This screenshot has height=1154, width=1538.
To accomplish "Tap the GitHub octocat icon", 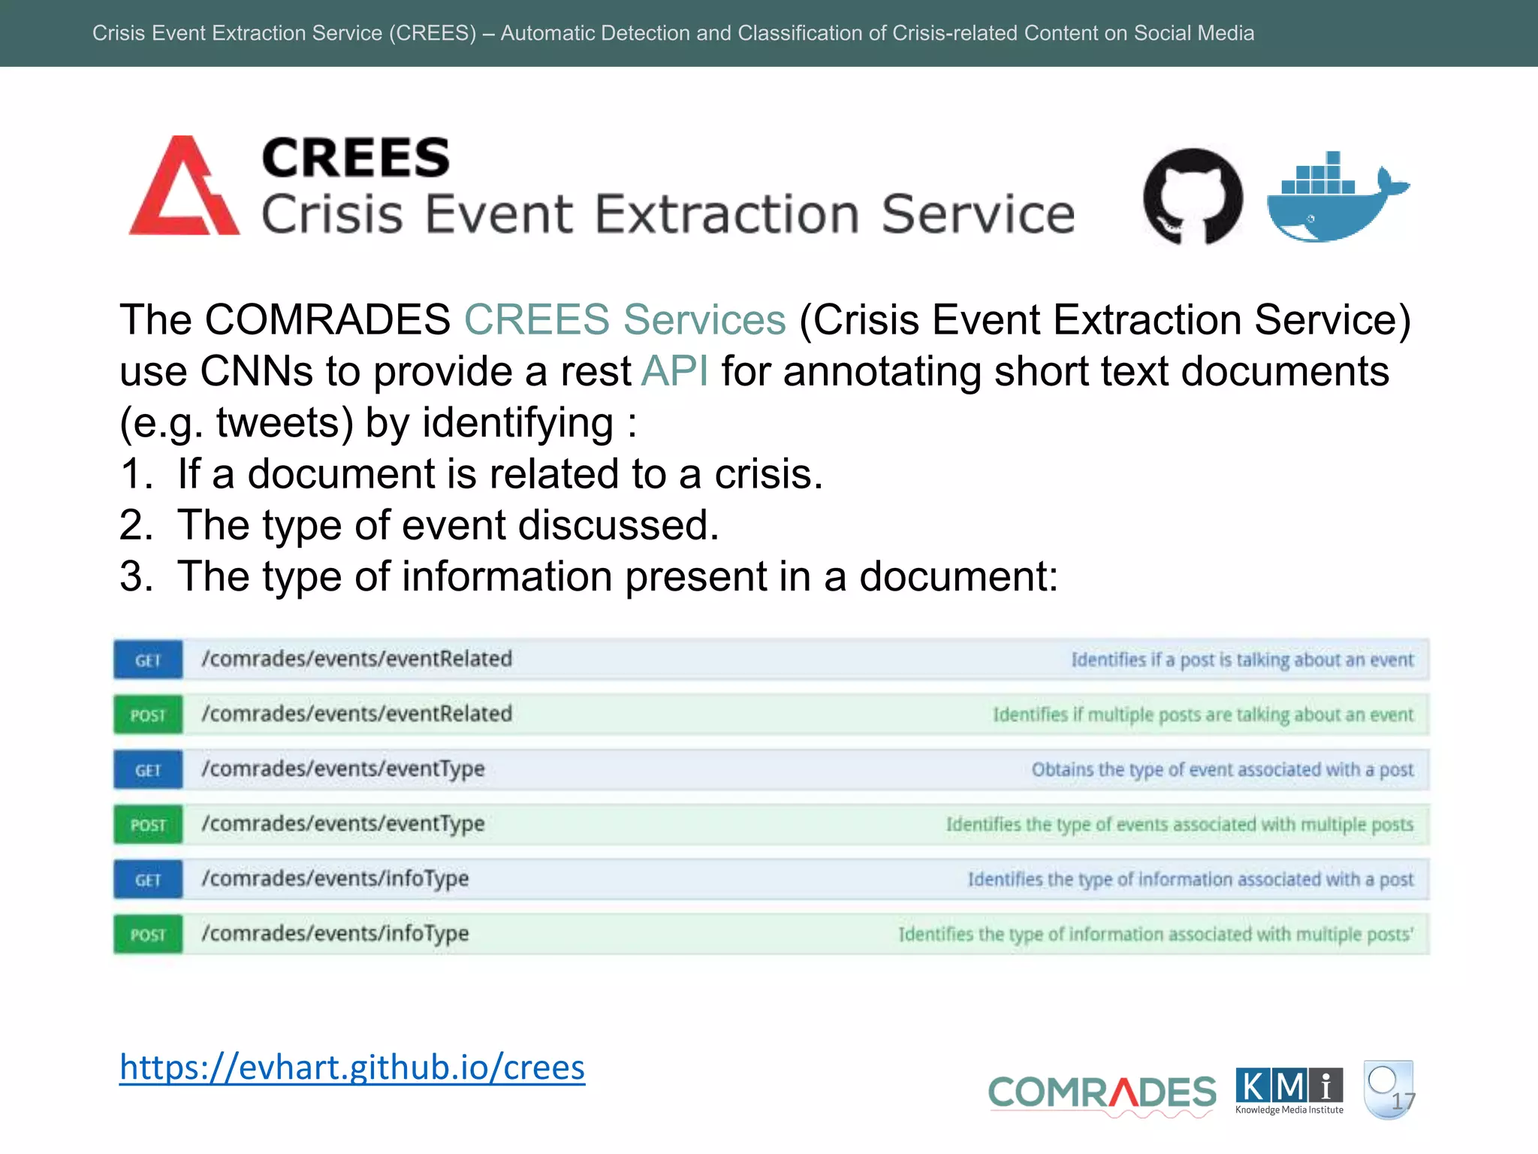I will [x=1192, y=196].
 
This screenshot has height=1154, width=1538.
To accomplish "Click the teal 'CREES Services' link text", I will [x=625, y=320].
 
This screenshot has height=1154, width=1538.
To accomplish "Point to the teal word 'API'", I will [x=674, y=371].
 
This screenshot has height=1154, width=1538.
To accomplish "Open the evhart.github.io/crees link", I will [x=351, y=1067].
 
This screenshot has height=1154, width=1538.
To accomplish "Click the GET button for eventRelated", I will [x=148, y=660].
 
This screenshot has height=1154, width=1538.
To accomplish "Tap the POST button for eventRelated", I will [x=148, y=714].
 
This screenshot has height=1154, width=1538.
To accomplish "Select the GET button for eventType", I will [x=148, y=770].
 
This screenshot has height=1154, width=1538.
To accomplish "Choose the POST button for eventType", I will [x=148, y=825].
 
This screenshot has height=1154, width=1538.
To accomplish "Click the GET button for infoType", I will [x=148, y=880].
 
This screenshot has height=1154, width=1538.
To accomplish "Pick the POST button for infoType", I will [x=148, y=935].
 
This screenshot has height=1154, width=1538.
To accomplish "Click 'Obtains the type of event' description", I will [x=1222, y=770].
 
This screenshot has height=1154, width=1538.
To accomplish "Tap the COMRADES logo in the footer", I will [x=1102, y=1092].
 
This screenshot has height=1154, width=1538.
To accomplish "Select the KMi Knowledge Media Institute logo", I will [x=1289, y=1091].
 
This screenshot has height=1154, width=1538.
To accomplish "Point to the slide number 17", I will [x=1403, y=1101].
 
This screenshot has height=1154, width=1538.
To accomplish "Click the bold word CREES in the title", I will [x=355, y=159].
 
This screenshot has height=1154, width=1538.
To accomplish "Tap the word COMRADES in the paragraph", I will [x=327, y=320].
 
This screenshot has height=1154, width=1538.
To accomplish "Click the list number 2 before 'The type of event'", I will [x=136, y=525].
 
